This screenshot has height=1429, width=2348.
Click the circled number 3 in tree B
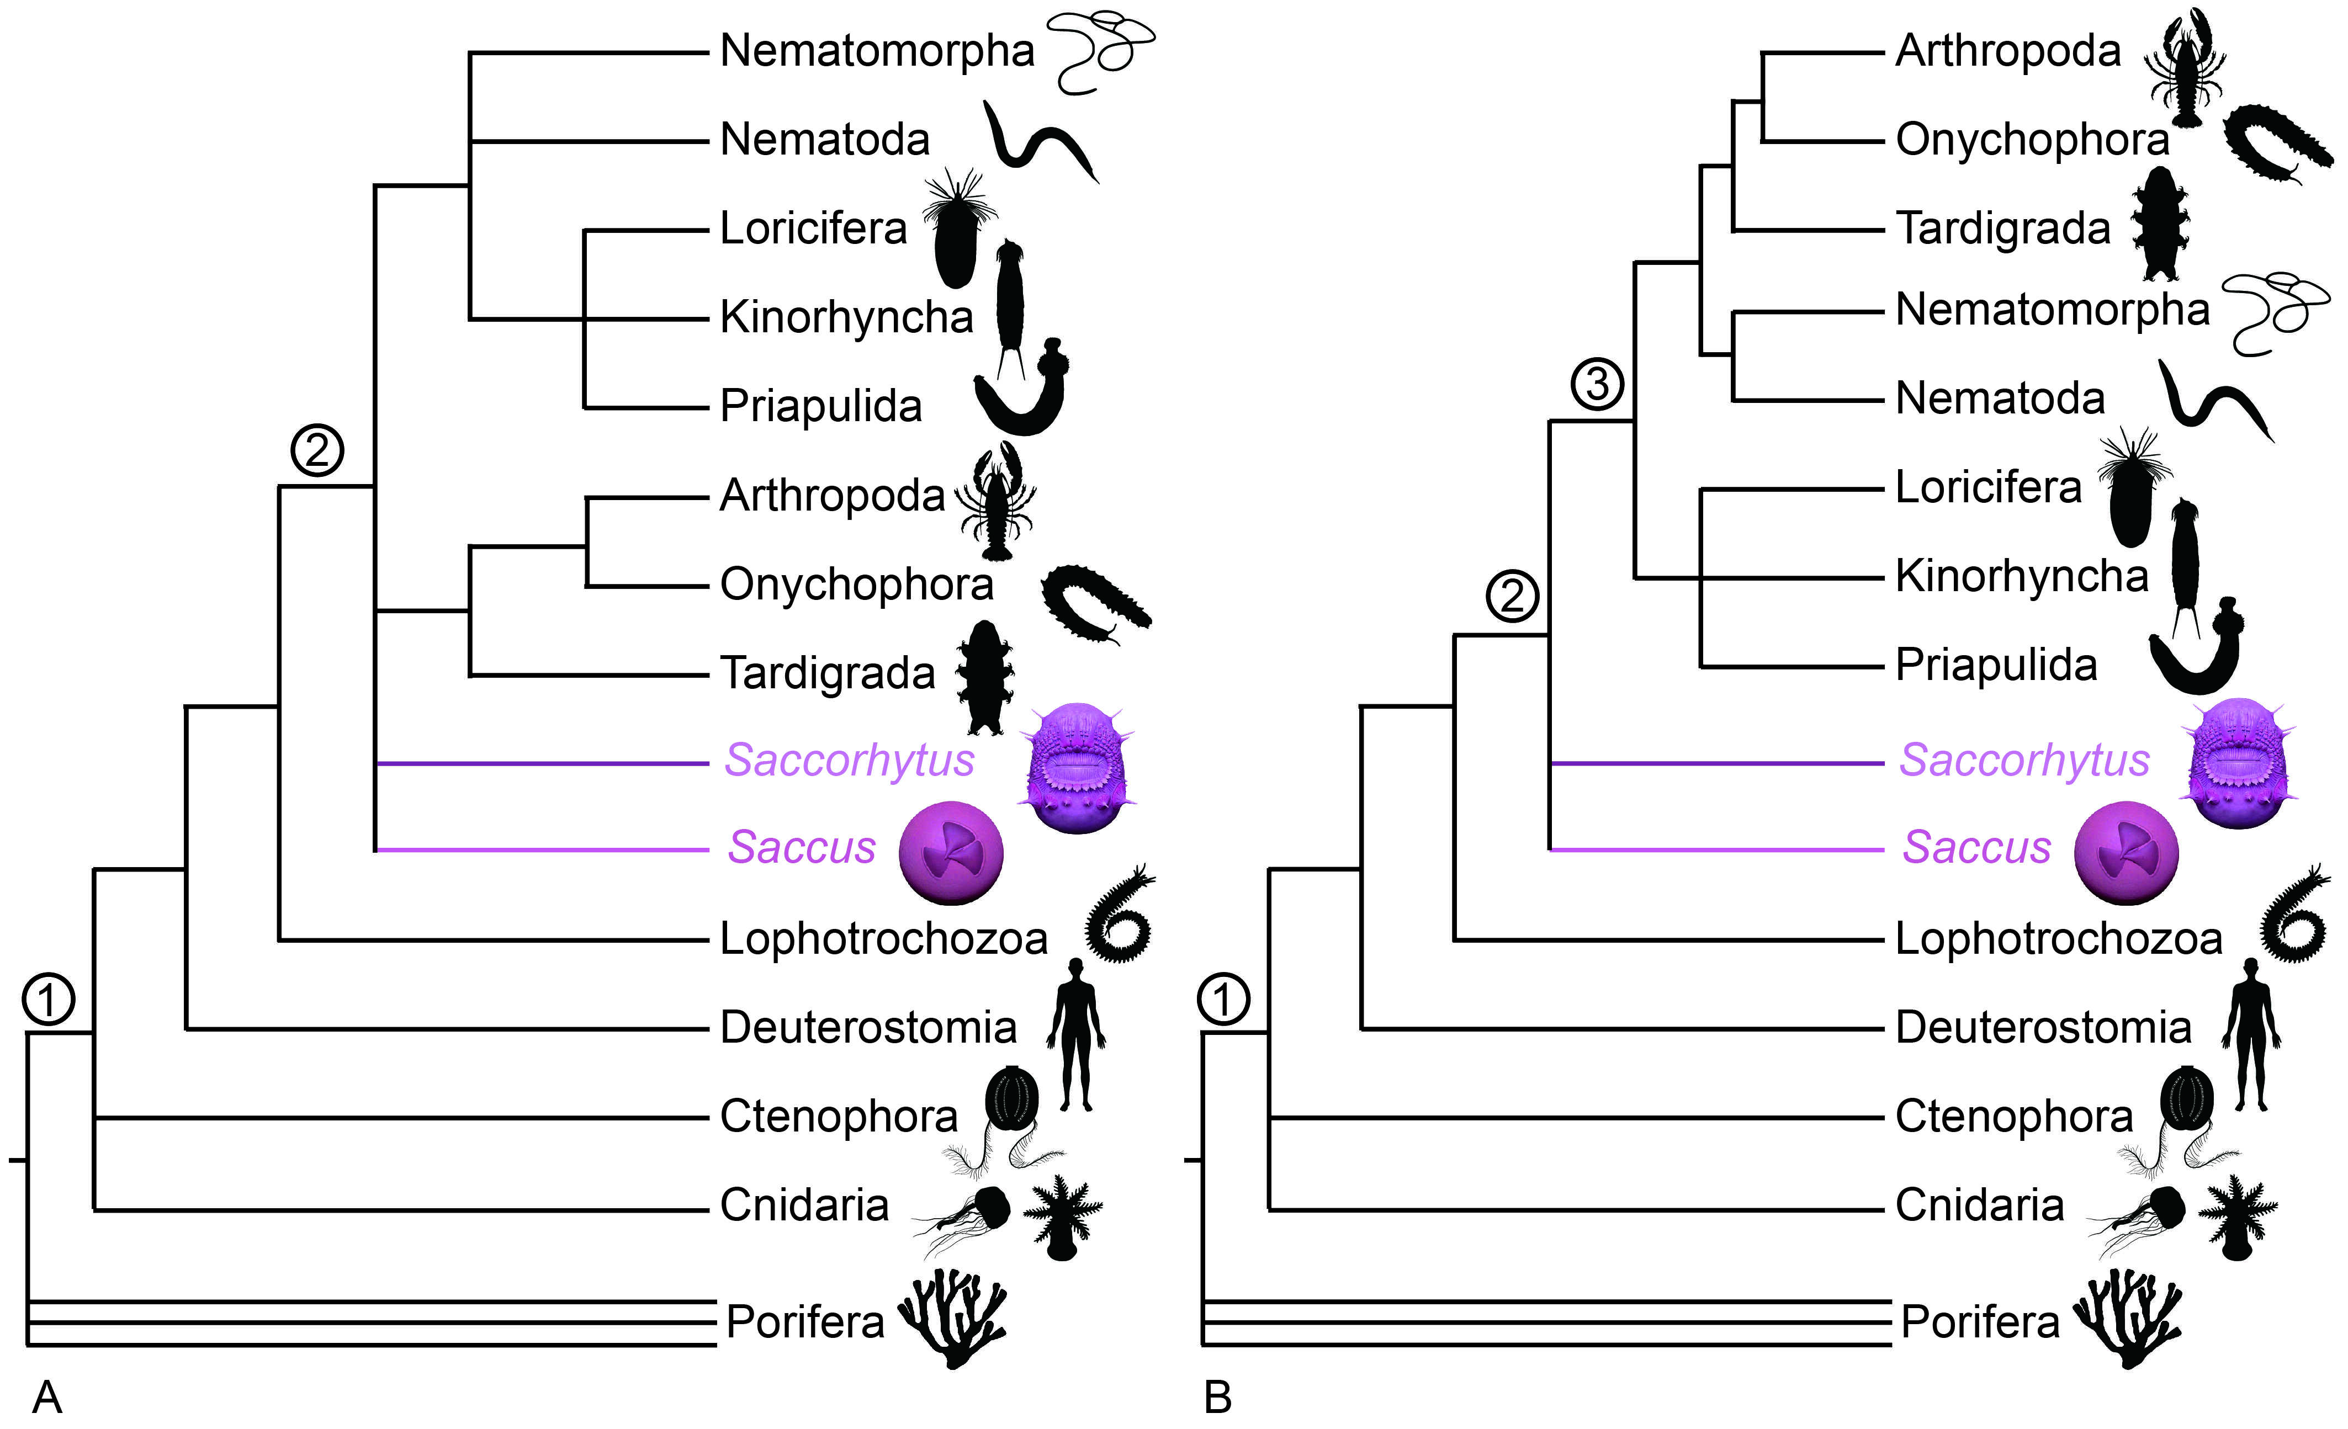[1597, 384]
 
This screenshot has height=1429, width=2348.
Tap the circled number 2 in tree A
[317, 450]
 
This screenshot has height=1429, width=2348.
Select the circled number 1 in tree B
[1223, 1000]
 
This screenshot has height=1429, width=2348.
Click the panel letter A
[47, 1398]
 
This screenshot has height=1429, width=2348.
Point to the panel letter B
[1218, 1398]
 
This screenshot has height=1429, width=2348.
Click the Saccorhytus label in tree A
[849, 760]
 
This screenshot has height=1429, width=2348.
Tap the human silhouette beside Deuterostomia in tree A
[1077, 1034]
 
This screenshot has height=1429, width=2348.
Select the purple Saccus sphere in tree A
[951, 853]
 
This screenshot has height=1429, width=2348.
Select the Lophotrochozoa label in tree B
[2058, 938]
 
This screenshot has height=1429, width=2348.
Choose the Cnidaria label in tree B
[1979, 1205]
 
